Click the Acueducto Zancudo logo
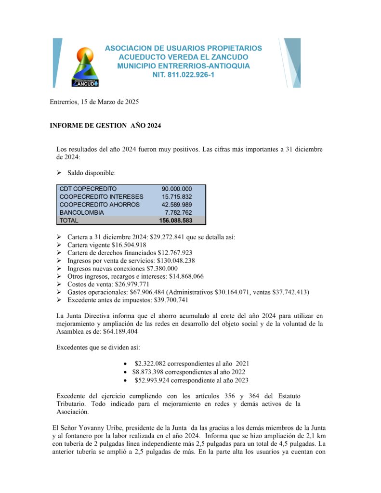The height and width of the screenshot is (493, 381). pos(85,67)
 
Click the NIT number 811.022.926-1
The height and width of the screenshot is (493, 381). pos(184,75)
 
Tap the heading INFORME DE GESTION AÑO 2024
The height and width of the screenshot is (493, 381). pos(105,126)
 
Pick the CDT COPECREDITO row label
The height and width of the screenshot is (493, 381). pos(88,189)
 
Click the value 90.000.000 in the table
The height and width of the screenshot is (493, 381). pos(177,189)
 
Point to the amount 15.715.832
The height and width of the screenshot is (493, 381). pos(177,196)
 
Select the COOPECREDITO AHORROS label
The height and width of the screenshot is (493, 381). pos(99,205)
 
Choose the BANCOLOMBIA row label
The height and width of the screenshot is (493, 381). pos(81,212)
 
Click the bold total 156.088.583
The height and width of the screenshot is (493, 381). pos(175,221)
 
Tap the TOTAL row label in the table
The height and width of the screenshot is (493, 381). pos(68,221)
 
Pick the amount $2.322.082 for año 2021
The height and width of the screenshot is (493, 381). pos(150,363)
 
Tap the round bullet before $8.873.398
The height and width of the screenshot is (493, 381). pos(126,372)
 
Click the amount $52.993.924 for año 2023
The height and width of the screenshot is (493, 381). pos(153,380)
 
